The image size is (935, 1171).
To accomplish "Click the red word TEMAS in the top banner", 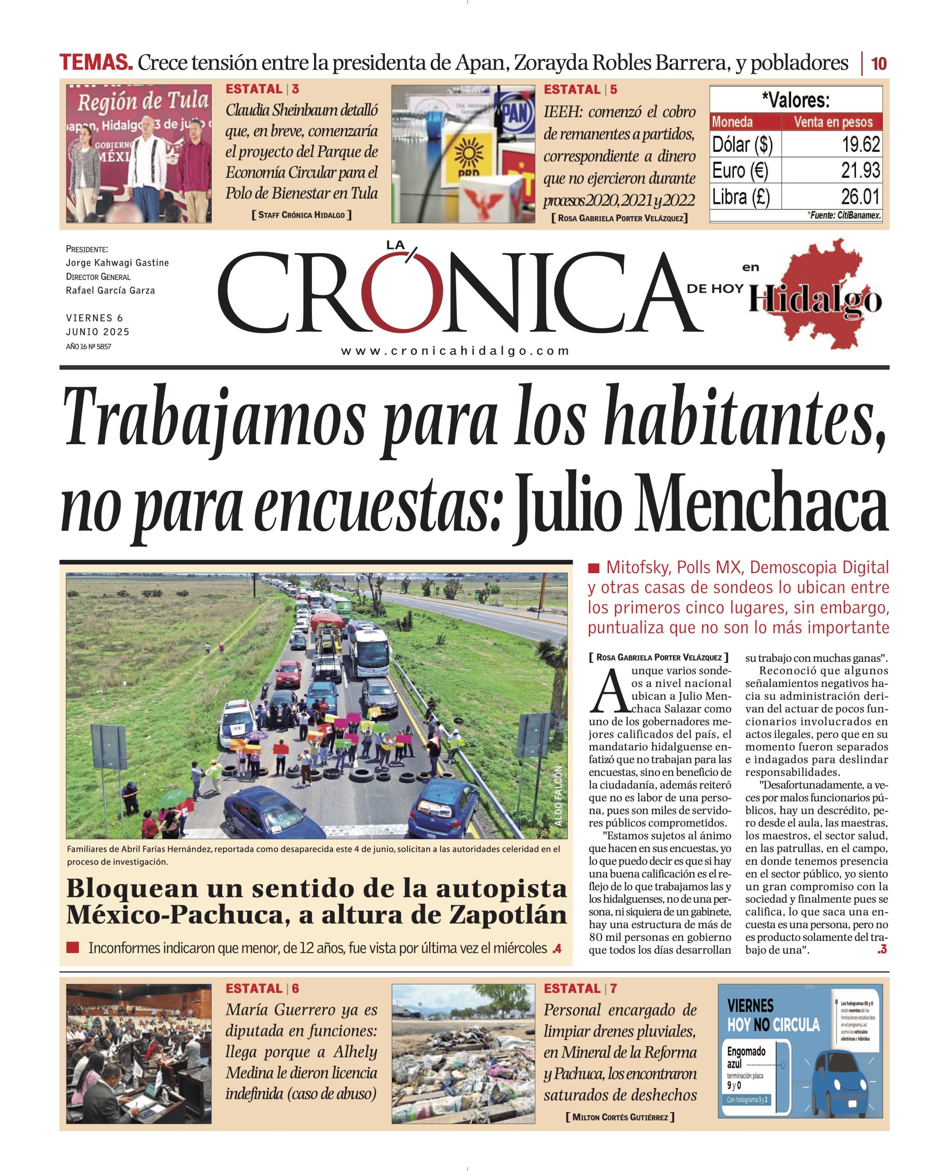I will click(96, 63).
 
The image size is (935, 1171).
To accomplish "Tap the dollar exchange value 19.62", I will click(860, 145).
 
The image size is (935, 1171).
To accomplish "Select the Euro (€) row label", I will click(740, 171).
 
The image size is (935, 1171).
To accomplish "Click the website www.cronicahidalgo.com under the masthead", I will click(455, 351).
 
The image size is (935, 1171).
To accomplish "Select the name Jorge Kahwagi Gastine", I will click(118, 263).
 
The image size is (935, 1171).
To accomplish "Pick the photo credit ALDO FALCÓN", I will click(558, 797).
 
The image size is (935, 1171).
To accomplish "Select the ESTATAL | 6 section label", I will click(262, 988).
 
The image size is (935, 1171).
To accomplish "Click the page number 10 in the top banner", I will click(878, 64).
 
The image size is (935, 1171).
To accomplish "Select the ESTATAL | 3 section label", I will click(262, 89).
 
